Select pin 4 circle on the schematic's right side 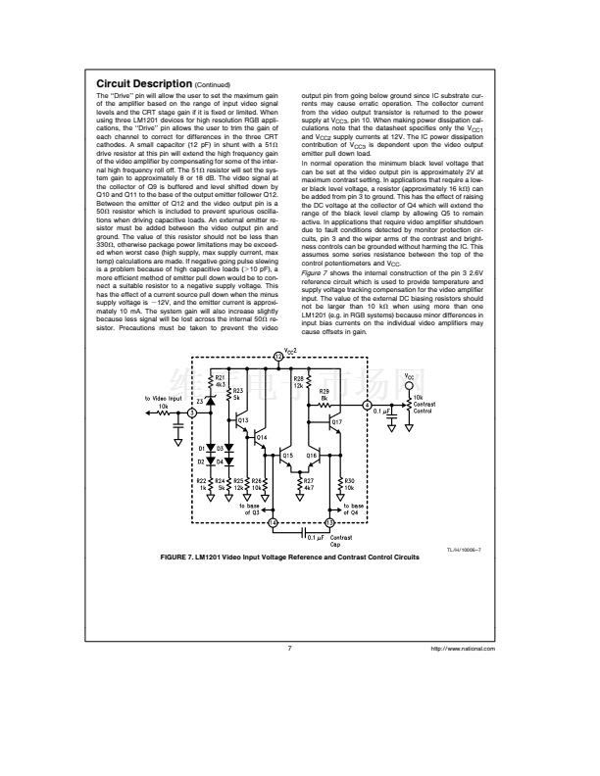click(x=367, y=404)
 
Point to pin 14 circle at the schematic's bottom click(x=272, y=524)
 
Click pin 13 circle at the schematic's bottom click(x=329, y=524)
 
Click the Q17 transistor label click(x=337, y=420)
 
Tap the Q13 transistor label click(x=243, y=418)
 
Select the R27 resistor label click(x=309, y=482)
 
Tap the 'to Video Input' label click(x=163, y=398)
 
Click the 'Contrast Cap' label click(x=341, y=542)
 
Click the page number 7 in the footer click(x=290, y=649)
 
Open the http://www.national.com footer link click(x=464, y=649)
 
